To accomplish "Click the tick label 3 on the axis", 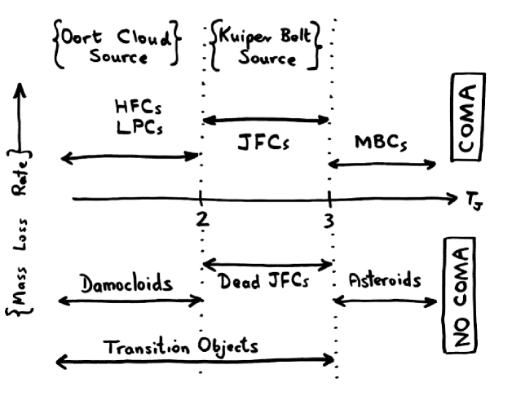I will [329, 220].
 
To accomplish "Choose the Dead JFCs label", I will [266, 283].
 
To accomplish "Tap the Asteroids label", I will [384, 281].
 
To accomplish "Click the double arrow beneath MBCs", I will [382, 165].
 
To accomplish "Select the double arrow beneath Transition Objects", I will [196, 359].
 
